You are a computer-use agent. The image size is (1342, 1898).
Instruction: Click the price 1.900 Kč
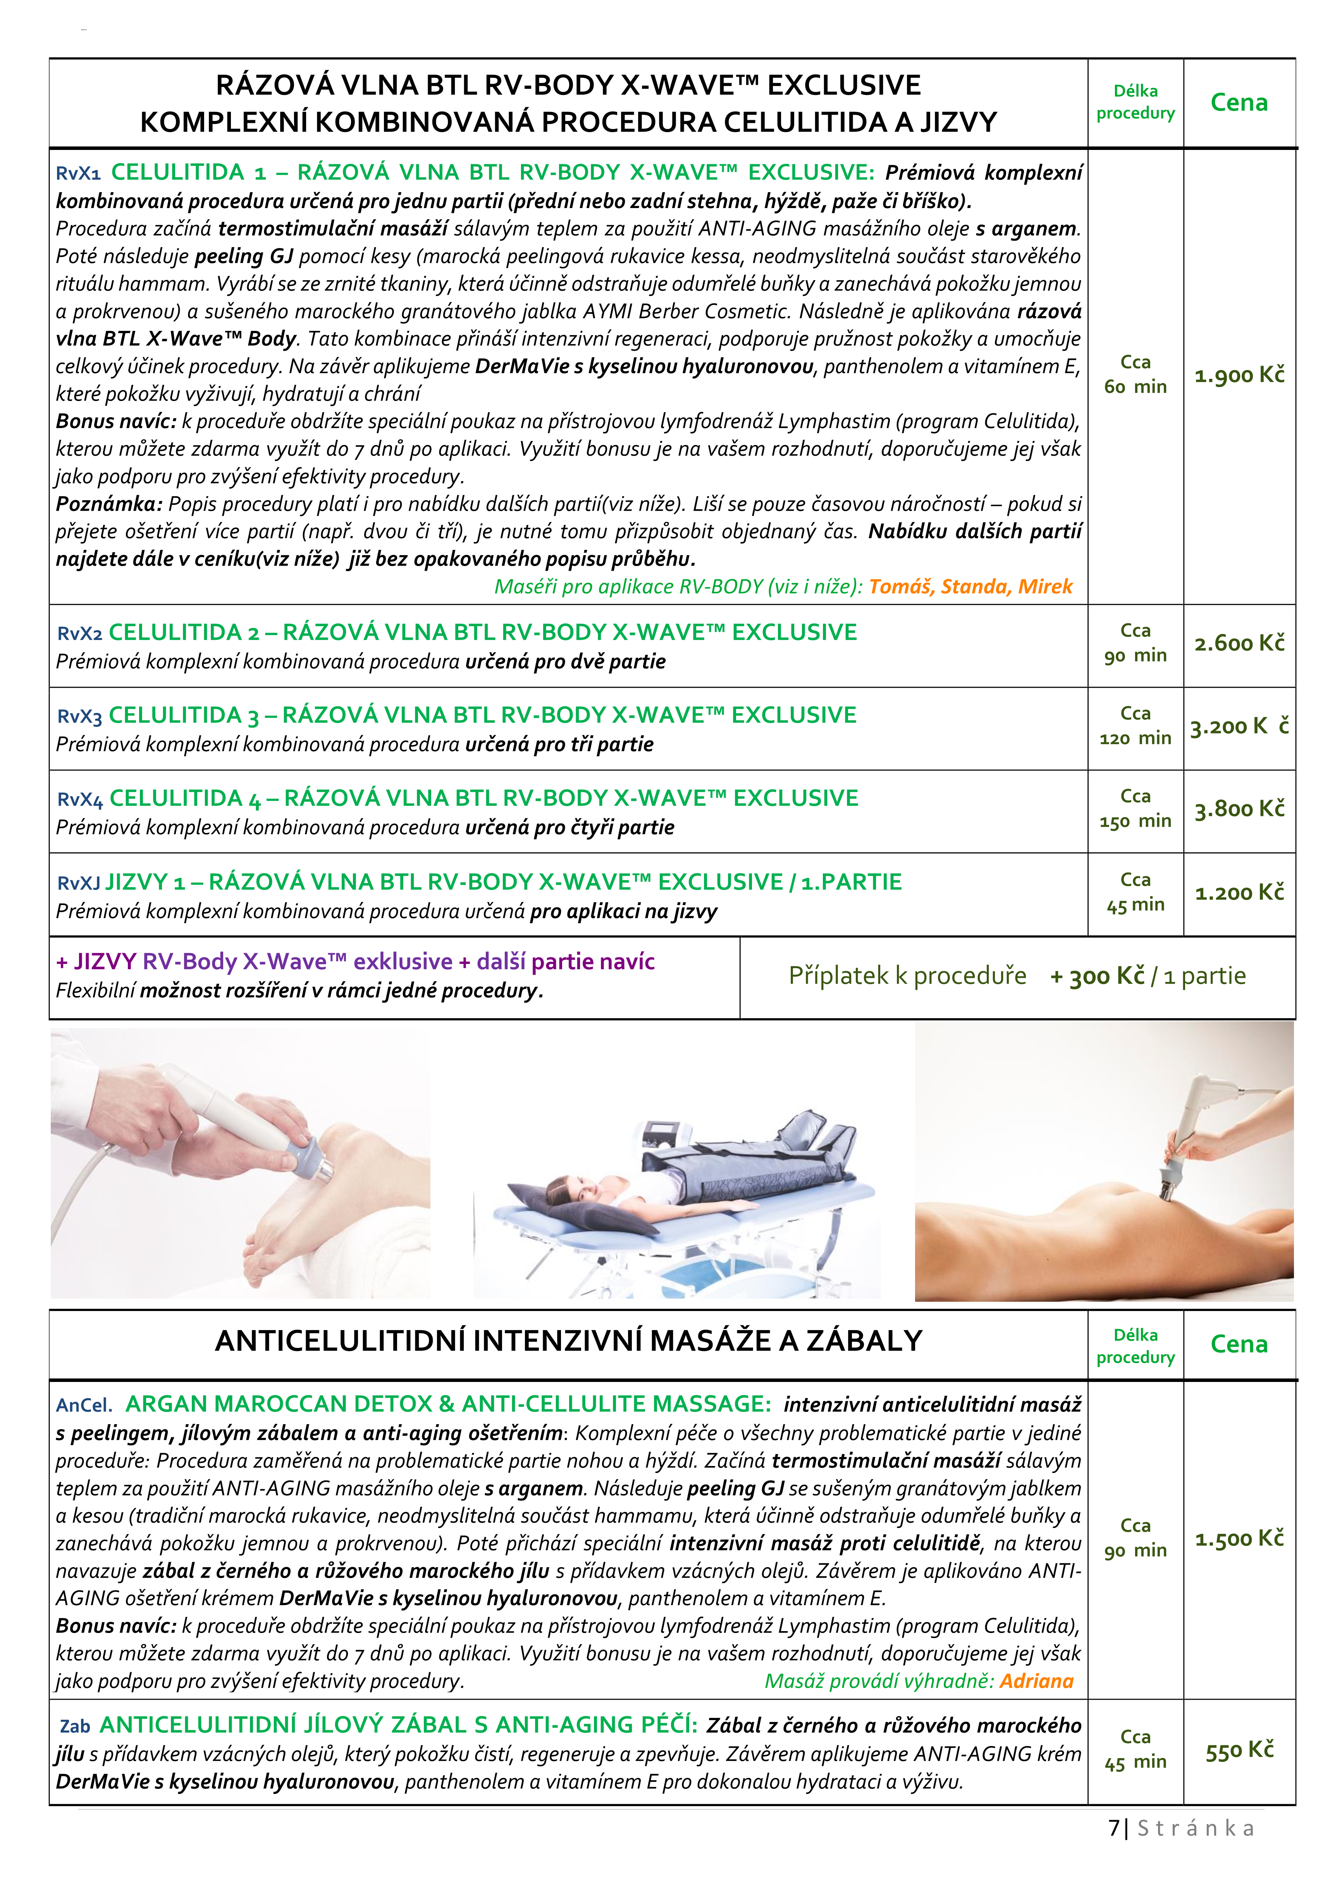coord(1239,375)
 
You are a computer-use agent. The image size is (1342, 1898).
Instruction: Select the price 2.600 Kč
coord(1239,643)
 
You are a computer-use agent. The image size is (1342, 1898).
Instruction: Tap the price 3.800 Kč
coord(1239,809)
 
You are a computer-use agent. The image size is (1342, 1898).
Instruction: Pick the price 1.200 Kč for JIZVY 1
coord(1239,893)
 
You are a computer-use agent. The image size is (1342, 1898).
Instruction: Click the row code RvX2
coord(79,634)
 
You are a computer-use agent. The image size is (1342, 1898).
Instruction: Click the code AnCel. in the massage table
coord(84,1405)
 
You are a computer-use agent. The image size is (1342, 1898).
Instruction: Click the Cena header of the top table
coord(1239,103)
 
